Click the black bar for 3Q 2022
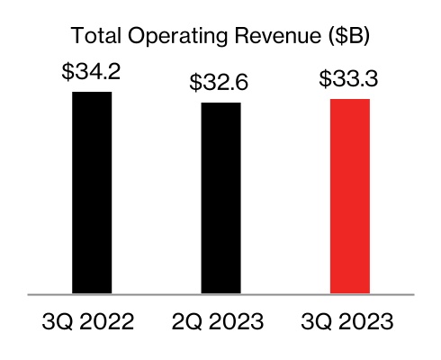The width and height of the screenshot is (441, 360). (x=92, y=193)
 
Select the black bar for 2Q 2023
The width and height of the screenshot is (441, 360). (x=220, y=198)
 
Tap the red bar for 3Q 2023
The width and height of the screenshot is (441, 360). (x=351, y=195)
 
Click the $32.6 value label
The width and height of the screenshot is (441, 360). (x=220, y=84)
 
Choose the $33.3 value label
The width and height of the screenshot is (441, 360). (x=351, y=79)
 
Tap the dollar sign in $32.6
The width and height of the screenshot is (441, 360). (x=196, y=84)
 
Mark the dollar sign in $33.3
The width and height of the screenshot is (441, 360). (x=326, y=79)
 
